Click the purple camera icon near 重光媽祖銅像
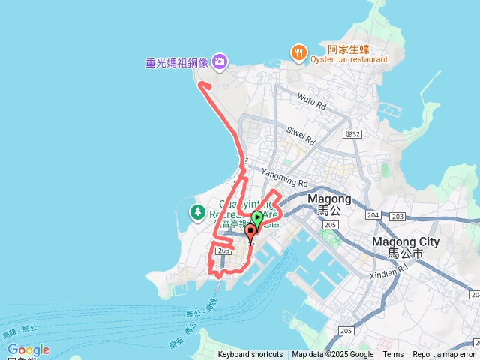click(220, 61)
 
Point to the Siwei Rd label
click(301, 134)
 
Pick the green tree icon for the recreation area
click(198, 212)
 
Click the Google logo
click(28, 349)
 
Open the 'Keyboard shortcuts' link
click(250, 355)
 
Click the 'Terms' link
click(393, 355)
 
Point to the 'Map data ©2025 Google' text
click(333, 355)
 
